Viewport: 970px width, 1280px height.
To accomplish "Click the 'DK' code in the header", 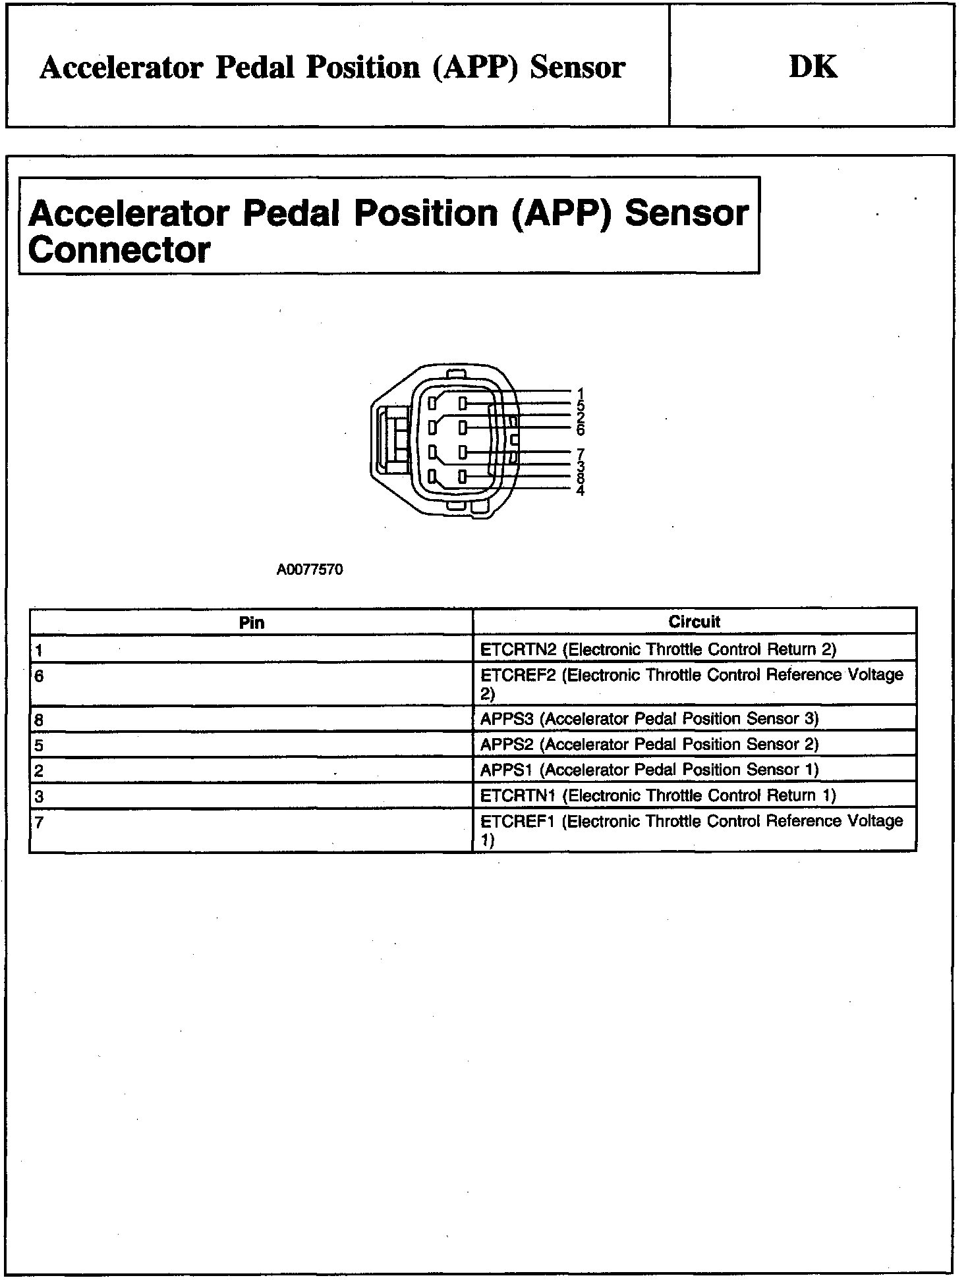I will coord(813,67).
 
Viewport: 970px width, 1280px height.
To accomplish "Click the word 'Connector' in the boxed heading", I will coord(119,250).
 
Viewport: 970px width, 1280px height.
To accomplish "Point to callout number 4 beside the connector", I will coord(580,490).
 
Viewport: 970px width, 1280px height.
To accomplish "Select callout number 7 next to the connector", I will coord(580,453).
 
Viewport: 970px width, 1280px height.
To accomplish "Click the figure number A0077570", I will coord(309,570).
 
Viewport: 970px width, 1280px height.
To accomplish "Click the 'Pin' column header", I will coord(251,623).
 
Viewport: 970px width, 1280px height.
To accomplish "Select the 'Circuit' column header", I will coord(694,622).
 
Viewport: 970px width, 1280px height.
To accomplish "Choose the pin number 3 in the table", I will coord(39,797).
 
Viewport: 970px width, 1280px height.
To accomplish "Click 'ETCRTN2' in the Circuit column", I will coord(519,650).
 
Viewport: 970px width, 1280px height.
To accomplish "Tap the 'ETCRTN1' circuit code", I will coord(519,796).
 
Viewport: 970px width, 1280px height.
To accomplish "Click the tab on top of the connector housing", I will coord(454,373).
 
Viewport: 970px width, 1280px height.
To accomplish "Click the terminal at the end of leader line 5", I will coord(463,403).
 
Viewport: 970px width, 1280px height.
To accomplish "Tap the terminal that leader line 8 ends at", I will coord(463,476).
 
